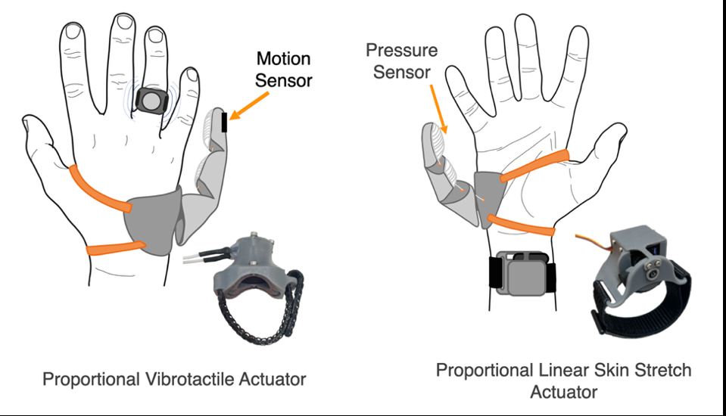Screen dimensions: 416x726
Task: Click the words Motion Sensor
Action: pos(284,69)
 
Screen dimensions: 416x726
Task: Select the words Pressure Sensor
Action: pos(401,61)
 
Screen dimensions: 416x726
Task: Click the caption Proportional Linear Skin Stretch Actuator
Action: pos(563,380)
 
